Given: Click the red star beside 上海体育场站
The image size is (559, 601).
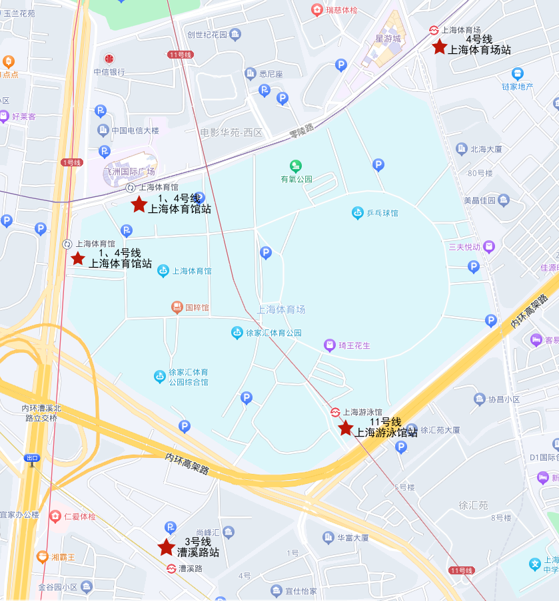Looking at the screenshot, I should point(439,47).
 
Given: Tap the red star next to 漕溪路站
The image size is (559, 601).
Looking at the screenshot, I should point(167,547).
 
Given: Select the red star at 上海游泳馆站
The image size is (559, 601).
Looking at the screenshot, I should point(345,428).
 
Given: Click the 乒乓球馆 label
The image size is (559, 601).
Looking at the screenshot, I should point(382,213).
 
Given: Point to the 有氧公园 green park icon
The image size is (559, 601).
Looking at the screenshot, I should point(295,166).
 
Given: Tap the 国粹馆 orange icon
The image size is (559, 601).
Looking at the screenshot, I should point(177,307).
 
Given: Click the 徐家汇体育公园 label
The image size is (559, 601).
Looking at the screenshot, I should point(274,333).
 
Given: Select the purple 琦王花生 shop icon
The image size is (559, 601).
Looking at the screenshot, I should point(329,345).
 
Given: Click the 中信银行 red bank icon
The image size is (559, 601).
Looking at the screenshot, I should point(109,59).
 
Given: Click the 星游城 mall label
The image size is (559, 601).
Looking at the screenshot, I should point(388,39).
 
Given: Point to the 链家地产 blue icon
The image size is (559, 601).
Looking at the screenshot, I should point(518,73).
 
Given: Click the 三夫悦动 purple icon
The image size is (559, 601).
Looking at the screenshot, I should point(489,246).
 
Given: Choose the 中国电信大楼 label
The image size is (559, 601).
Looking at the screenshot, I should point(135,130).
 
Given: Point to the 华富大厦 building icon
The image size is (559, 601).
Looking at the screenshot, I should point(328,537).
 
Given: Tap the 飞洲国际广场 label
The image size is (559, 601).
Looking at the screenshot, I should point(129,172).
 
